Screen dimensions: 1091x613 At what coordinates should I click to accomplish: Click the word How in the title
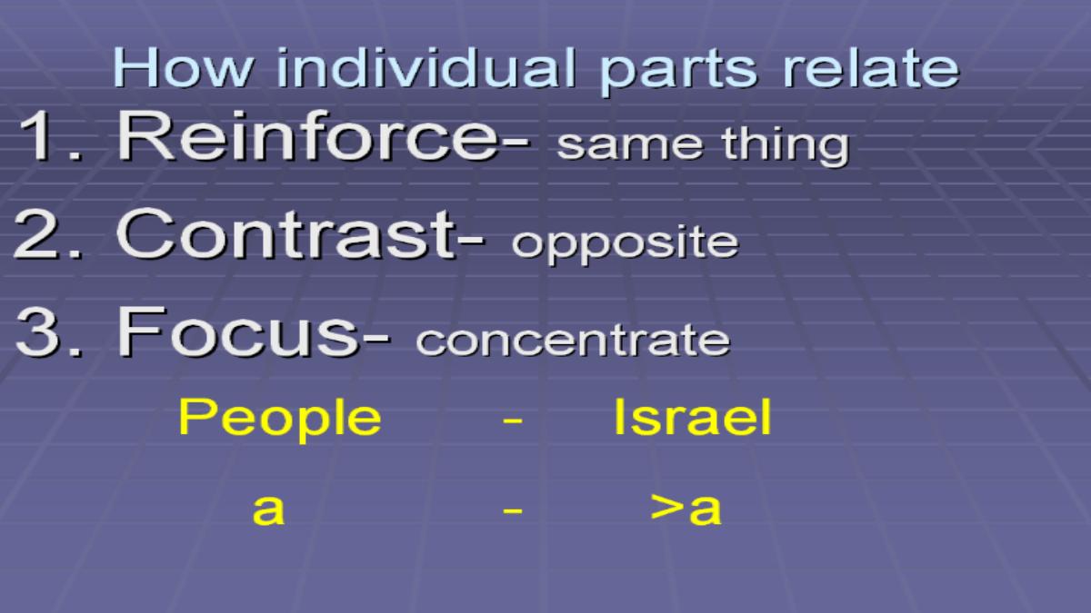click(x=183, y=67)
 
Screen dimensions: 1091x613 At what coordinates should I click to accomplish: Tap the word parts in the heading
click(x=678, y=72)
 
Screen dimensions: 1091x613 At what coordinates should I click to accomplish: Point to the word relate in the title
click(x=871, y=67)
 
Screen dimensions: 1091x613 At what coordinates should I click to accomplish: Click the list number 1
click(x=51, y=135)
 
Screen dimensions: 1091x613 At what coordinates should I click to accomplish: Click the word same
click(x=630, y=144)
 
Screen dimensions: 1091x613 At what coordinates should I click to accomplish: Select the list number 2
click(x=48, y=234)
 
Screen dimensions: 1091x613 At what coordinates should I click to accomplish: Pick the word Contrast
click(x=287, y=234)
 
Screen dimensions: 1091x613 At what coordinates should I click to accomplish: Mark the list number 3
click(x=49, y=332)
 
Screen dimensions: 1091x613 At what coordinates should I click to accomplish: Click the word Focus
click(x=239, y=331)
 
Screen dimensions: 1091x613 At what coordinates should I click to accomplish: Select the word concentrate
click(x=574, y=340)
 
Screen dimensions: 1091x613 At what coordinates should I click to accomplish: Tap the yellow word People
click(x=280, y=419)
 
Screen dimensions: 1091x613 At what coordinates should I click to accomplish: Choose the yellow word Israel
click(x=693, y=417)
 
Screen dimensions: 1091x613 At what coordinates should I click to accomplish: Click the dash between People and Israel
click(x=513, y=420)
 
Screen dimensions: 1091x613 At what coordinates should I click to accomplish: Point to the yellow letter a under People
click(x=268, y=509)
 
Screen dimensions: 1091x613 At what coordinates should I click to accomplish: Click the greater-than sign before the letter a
click(x=666, y=508)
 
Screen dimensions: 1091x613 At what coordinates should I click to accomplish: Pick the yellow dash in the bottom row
click(x=513, y=510)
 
